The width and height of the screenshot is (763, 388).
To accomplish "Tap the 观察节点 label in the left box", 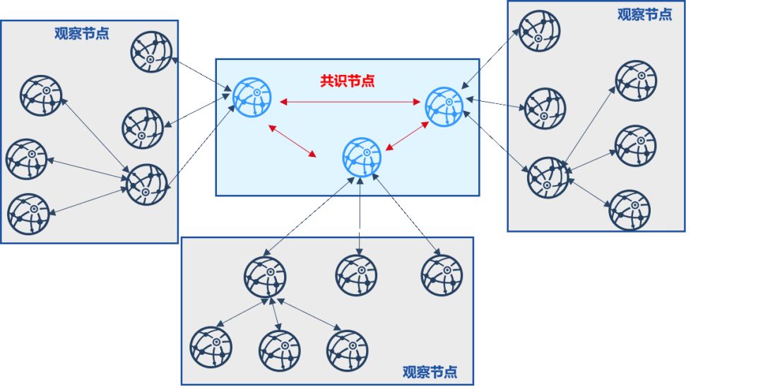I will click(x=82, y=33).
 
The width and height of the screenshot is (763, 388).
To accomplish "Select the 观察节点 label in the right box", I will click(x=644, y=14).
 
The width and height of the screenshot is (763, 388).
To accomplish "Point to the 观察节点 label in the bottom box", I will click(x=430, y=372).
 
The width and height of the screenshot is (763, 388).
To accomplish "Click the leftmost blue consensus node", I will click(x=252, y=98).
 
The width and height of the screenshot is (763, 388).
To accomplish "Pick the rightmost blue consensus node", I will click(x=445, y=107).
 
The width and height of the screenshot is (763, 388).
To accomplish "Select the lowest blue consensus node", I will click(x=362, y=158).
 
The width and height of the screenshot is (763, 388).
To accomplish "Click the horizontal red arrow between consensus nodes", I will click(x=350, y=103).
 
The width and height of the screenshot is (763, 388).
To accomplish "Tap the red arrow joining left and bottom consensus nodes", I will click(x=292, y=141).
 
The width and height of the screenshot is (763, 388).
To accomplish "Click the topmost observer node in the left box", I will click(x=151, y=52).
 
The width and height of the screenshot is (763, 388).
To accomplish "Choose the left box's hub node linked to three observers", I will click(x=147, y=184).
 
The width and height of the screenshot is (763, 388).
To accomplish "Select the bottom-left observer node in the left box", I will click(x=29, y=214).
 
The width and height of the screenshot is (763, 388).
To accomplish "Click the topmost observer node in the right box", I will click(x=539, y=31).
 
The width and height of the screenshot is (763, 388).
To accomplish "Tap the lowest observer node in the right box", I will click(x=629, y=211).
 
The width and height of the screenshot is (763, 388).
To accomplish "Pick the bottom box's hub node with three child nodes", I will click(x=266, y=277).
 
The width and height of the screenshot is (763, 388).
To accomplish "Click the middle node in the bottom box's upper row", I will click(x=356, y=276).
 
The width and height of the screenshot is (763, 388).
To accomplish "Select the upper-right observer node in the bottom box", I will click(x=442, y=276).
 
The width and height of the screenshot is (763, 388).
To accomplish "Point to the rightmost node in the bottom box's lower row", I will click(x=347, y=351).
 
